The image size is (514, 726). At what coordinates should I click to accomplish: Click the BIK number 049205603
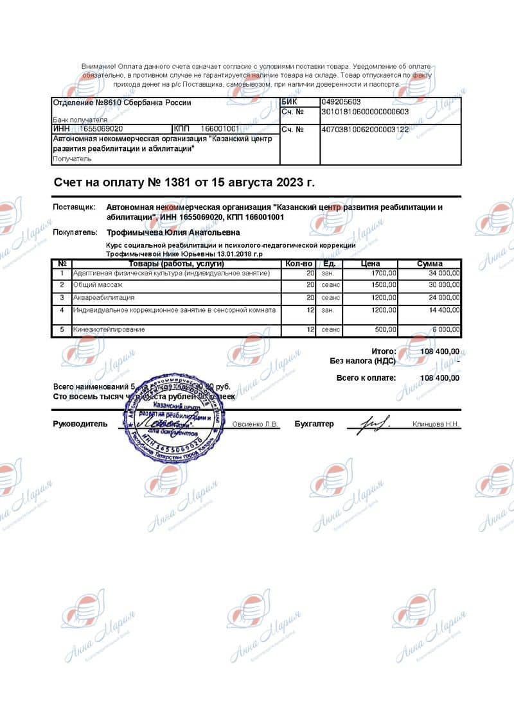(x=341, y=102)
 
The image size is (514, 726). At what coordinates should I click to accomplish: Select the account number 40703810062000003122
(x=364, y=130)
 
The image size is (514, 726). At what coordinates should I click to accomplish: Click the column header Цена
(x=371, y=264)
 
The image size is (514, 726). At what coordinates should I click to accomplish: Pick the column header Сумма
(x=429, y=264)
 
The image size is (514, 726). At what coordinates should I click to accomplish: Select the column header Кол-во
(x=299, y=264)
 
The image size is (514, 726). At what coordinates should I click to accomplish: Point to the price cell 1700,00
(x=384, y=273)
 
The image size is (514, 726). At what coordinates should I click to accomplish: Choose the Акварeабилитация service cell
(x=104, y=298)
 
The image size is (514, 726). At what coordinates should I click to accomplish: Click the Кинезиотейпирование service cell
(x=109, y=329)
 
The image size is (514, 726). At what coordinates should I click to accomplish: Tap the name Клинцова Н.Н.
(x=436, y=424)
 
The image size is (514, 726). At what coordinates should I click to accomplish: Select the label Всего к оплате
(x=366, y=378)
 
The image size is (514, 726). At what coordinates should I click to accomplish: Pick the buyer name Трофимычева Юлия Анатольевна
(x=173, y=232)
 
